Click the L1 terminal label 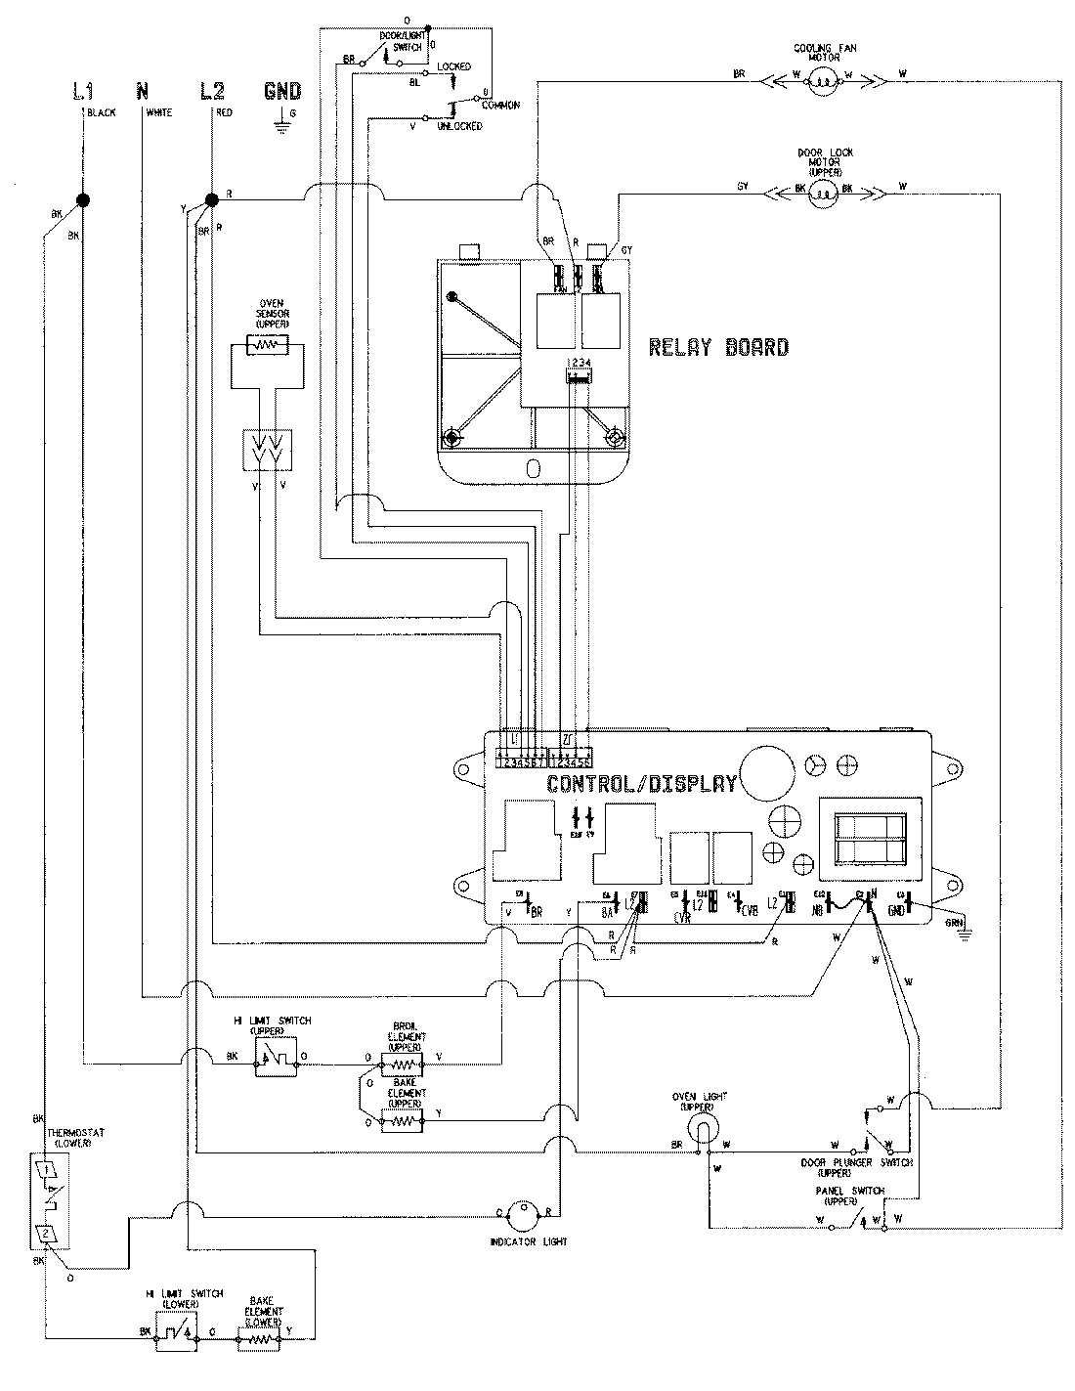pyautogui.click(x=82, y=92)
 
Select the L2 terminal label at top pyautogui.click(x=211, y=92)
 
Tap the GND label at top pyautogui.click(x=282, y=92)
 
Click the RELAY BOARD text pyautogui.click(x=719, y=347)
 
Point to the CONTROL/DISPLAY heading pyautogui.click(x=641, y=783)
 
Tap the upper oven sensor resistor pyautogui.click(x=266, y=344)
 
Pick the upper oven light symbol pyautogui.click(x=701, y=1131)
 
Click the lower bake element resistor pyautogui.click(x=259, y=1333)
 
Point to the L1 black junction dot pyautogui.click(x=83, y=200)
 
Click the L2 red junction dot pyautogui.click(x=211, y=200)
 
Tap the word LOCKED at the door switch pyautogui.click(x=453, y=66)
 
